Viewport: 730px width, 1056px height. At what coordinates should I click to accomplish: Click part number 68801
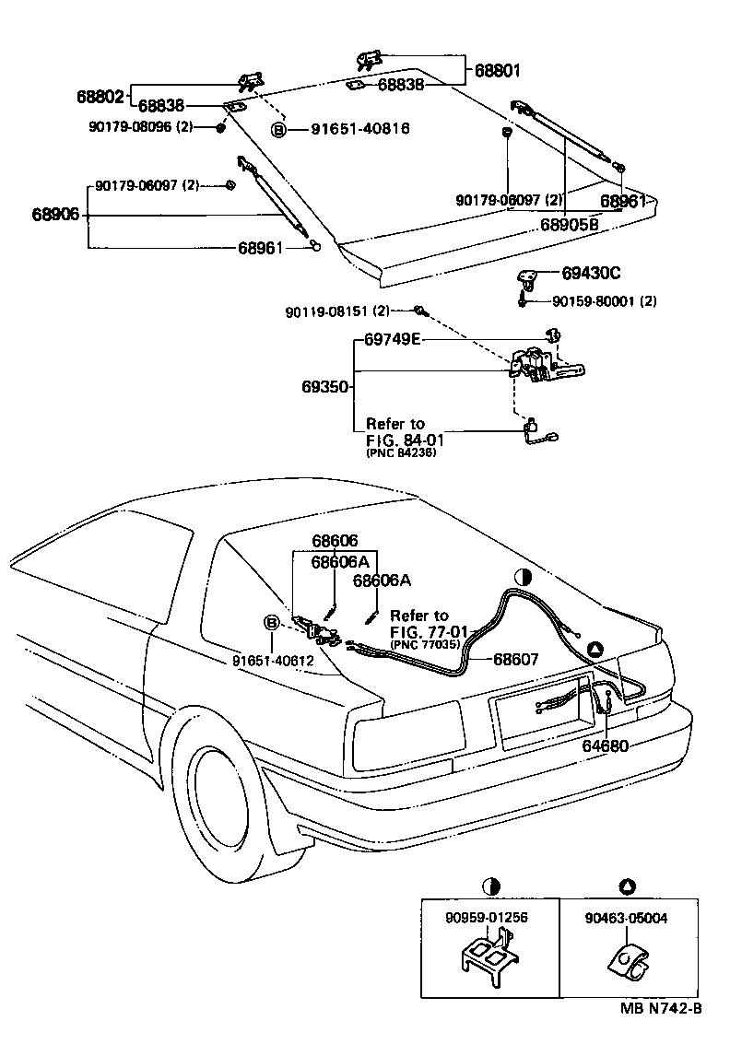tap(498, 70)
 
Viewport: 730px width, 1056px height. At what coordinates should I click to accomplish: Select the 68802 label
tap(100, 95)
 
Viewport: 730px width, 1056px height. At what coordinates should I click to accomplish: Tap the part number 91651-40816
tap(346, 130)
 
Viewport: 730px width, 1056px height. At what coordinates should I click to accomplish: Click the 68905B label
tap(569, 224)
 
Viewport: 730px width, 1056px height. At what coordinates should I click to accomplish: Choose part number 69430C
tap(591, 273)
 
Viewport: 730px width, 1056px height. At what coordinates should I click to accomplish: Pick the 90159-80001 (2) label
tap(604, 300)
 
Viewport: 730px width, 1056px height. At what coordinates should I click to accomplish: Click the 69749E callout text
tap(392, 340)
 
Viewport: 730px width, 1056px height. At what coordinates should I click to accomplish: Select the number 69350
tap(326, 387)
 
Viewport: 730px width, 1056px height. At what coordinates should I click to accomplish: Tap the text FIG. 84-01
tap(402, 440)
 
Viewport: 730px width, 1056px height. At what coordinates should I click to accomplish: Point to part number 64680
tap(605, 745)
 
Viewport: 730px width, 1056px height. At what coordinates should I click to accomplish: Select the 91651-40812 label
tap(273, 660)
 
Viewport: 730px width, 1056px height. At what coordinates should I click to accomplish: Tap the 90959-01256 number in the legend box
tap(489, 918)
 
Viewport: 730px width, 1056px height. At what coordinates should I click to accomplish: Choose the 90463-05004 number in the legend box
tap(627, 918)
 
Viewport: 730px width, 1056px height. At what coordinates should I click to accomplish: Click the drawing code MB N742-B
tap(660, 1009)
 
